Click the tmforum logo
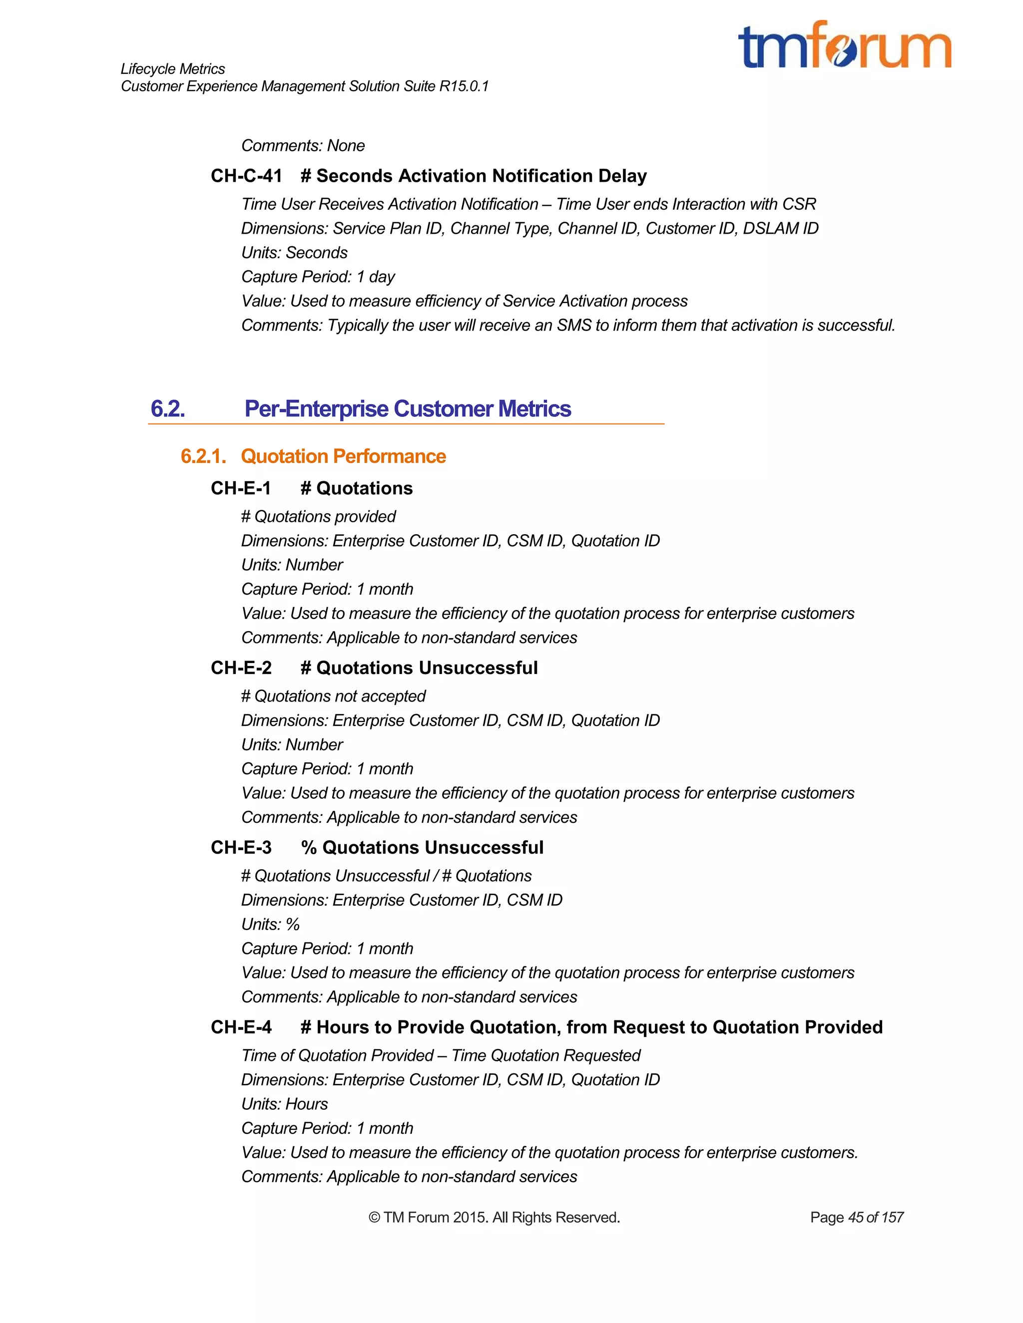844,45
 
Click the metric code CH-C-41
246,176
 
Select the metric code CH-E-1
241,488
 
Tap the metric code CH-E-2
241,667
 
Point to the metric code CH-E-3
241,848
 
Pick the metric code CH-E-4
241,1027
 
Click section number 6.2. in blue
168,409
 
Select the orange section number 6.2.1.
203,456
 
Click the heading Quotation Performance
343,456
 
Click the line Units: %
270,925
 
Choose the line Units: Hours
284,1104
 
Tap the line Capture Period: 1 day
318,277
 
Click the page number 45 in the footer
856,1218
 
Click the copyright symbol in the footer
374,1218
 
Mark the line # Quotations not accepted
333,696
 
